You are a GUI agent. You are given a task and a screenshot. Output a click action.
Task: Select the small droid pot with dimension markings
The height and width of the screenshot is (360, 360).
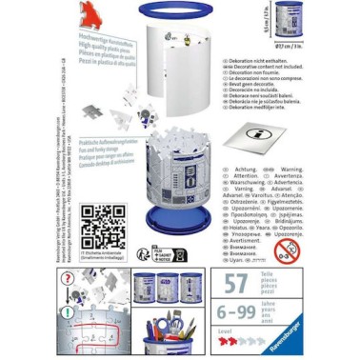coord(287,20)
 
